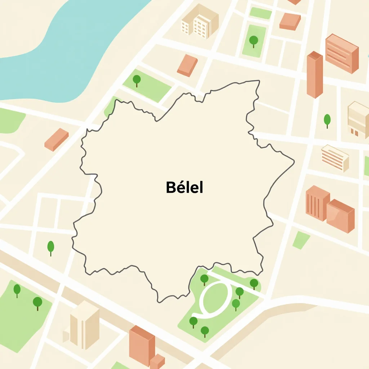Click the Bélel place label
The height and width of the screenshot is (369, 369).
click(x=184, y=187)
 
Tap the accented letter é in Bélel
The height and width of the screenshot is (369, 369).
click(x=179, y=187)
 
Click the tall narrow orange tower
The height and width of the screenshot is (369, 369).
click(x=315, y=75)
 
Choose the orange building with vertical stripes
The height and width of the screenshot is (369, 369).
click(x=317, y=203)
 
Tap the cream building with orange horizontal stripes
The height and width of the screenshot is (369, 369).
click(x=335, y=157)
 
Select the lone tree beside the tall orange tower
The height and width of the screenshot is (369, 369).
click(x=327, y=120)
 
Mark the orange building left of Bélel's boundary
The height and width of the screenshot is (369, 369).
click(x=57, y=139)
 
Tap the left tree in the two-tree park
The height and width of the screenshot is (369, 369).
click(x=17, y=290)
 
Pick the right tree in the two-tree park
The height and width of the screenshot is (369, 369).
click(x=37, y=302)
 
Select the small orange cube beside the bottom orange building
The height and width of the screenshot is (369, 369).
click(x=157, y=361)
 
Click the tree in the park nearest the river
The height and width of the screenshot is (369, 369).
click(x=137, y=80)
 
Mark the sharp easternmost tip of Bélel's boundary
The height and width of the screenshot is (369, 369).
click(x=294, y=160)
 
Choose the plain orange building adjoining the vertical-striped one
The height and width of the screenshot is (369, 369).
click(x=341, y=215)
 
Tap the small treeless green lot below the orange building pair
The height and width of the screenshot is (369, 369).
click(x=301, y=240)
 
